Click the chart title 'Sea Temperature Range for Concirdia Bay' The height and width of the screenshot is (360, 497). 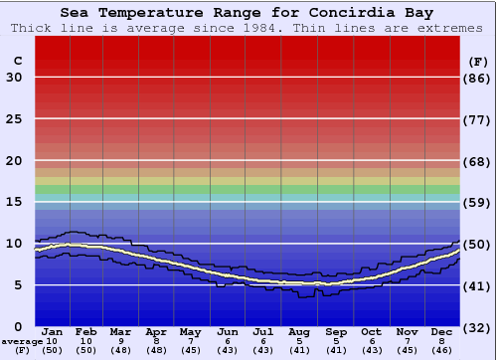[x=248, y=13]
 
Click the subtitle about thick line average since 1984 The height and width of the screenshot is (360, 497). [x=248, y=28]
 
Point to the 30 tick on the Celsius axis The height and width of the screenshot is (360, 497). [x=14, y=78]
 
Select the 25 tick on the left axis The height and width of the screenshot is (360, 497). [x=14, y=119]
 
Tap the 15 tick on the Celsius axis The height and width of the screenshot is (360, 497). [x=14, y=202]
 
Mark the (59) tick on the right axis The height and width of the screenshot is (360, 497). [x=477, y=202]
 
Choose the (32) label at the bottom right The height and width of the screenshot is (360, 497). [x=477, y=326]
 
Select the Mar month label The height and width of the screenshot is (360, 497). [x=120, y=332]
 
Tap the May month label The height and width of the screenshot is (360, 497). [x=190, y=332]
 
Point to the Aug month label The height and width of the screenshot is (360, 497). [x=298, y=332]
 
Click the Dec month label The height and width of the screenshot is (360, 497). [x=441, y=332]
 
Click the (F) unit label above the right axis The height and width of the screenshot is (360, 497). [x=477, y=61]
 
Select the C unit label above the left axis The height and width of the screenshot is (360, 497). [x=17, y=61]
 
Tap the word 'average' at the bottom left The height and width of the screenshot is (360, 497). [x=22, y=341]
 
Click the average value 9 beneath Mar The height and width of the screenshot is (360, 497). [x=120, y=341]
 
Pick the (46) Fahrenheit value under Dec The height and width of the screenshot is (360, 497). [x=441, y=350]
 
